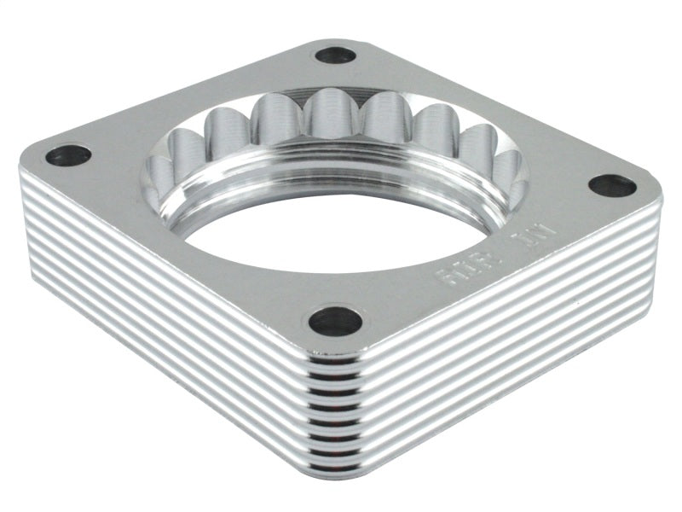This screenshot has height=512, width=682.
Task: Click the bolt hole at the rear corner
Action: [335, 55]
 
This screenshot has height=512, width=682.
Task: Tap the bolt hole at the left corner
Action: [68, 155]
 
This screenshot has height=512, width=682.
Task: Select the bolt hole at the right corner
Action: [611, 185]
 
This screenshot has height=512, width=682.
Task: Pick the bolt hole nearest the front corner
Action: [335, 321]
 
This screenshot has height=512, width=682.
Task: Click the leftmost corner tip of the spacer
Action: [20, 166]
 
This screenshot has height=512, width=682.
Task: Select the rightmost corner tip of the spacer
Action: [661, 201]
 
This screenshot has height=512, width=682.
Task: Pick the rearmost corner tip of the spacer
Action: [337, 38]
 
